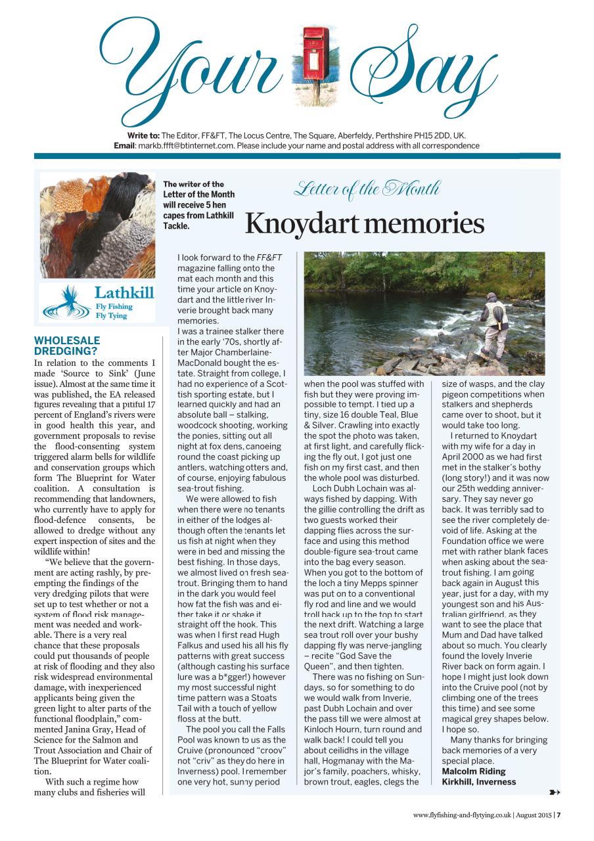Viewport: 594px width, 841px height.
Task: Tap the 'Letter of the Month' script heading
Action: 367,190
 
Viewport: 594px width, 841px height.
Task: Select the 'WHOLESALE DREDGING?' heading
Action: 67,346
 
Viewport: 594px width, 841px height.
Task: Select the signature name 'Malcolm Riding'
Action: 474,771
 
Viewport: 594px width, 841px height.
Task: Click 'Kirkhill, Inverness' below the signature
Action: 479,782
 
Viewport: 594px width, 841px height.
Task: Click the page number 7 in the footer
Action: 559,815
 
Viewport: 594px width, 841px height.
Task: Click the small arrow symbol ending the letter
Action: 553,792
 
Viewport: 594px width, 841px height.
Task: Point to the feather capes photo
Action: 98,225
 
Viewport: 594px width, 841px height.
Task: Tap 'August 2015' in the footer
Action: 533,815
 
